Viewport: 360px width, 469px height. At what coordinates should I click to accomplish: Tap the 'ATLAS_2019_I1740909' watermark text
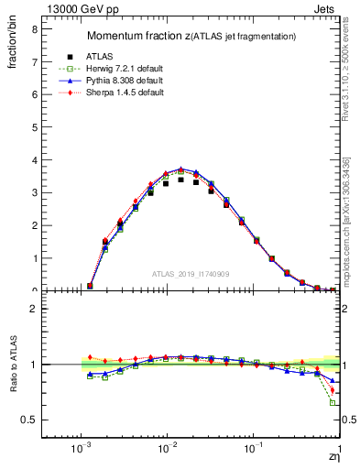pos(191,274)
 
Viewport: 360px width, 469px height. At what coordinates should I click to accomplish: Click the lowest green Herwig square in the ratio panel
pos(333,403)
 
